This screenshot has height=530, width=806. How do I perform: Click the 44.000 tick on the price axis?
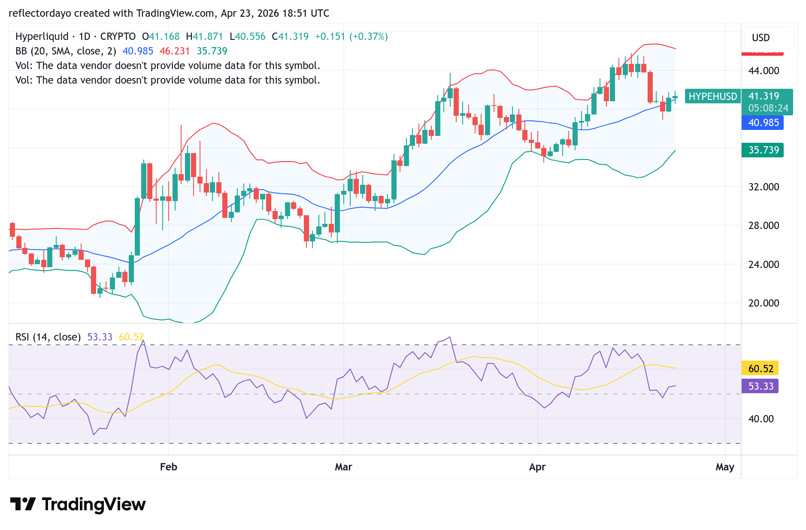(764, 71)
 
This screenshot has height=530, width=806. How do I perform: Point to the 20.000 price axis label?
(764, 303)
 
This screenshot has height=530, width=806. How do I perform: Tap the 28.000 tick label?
(764, 226)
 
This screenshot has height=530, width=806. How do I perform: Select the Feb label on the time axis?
(169, 467)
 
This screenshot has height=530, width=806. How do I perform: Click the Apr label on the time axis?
(537, 467)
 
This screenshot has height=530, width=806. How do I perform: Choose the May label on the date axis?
(725, 467)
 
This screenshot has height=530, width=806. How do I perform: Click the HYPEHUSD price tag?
(712, 96)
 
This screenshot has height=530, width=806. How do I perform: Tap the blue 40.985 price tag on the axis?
(763, 123)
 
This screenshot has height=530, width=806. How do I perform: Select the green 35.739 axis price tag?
(763, 150)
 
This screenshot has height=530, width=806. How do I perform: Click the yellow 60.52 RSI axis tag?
(760, 368)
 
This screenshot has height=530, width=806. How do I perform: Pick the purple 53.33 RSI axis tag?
(760, 386)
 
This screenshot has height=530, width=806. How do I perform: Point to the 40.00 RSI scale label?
(761, 419)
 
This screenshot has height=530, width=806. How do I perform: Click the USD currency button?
(761, 38)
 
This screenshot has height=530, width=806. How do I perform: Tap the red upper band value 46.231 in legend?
(175, 51)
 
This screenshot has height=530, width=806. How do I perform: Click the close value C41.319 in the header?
(290, 36)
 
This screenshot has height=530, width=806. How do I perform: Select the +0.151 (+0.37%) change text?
(351, 36)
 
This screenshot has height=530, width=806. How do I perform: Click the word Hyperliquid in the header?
(42, 36)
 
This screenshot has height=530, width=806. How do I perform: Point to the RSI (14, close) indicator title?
(48, 337)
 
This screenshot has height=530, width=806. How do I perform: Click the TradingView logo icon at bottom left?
(23, 504)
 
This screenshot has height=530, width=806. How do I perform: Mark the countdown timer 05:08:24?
(768, 108)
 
